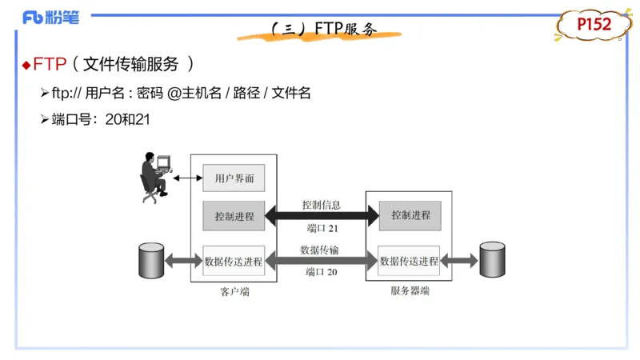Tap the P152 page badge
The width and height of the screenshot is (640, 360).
(x=594, y=26)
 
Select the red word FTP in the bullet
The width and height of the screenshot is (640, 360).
(x=49, y=65)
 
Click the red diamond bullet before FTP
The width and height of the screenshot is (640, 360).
(x=26, y=65)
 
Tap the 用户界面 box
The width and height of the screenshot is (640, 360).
(x=233, y=178)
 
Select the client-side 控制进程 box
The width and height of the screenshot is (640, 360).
(x=233, y=215)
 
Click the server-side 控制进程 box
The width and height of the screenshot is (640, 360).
(x=410, y=215)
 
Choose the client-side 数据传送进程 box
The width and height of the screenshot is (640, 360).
(x=233, y=261)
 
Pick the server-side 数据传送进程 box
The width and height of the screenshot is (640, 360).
(x=409, y=261)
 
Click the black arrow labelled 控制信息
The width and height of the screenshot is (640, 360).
(x=322, y=215)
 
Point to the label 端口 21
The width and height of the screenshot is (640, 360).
(x=322, y=229)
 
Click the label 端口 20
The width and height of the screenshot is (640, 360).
(x=322, y=273)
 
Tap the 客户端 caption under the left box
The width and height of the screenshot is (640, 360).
(x=233, y=292)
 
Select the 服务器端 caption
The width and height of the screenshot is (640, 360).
(x=410, y=292)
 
